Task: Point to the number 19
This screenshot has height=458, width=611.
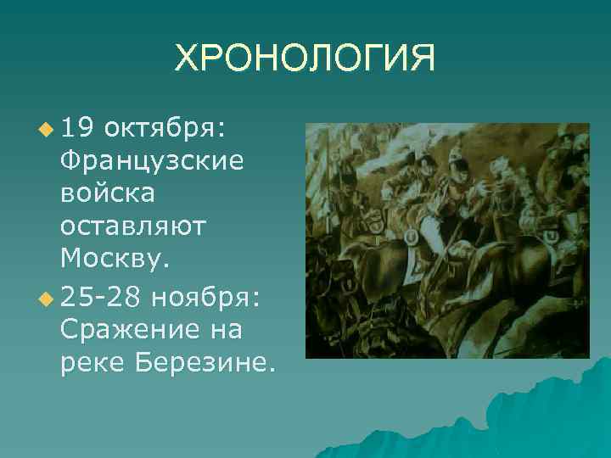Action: pos(78,129)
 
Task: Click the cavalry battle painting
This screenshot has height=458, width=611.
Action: pos(447,240)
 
